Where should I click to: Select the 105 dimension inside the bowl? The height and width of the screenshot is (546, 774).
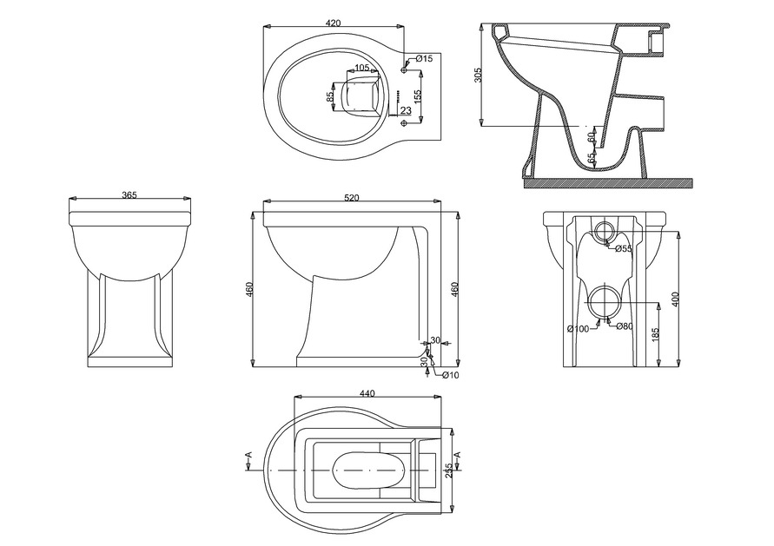362,68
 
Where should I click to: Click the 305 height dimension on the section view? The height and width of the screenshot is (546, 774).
478,76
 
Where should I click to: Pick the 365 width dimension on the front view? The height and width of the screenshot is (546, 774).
129,196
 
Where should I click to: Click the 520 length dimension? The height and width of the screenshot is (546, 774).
352,199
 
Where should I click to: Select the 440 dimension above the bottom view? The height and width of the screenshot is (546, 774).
367,393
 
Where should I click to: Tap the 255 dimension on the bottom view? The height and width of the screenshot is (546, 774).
449,470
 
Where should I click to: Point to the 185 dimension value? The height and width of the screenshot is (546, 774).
656,332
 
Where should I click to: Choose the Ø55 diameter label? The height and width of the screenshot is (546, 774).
623,249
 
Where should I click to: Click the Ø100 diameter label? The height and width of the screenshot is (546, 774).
578,328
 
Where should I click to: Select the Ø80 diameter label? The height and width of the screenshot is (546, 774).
625,326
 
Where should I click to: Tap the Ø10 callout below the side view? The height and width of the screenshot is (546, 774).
450,375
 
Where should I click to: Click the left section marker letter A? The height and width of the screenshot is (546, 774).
248,455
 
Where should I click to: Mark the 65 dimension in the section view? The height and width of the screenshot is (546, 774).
592,158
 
